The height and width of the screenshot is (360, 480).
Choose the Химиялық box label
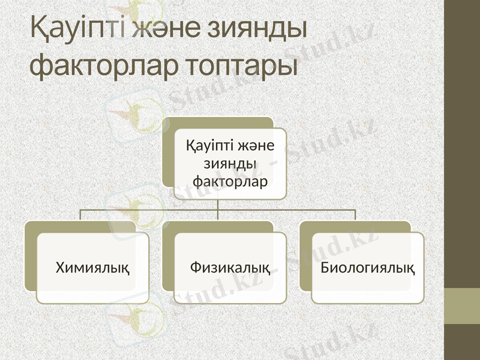pos(93,266)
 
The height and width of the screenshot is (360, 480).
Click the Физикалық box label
pos(230,266)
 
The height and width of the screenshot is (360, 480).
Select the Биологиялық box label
pos(367,266)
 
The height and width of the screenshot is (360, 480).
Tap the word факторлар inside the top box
pos(230,179)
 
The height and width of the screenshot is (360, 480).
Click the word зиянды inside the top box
pos(230,163)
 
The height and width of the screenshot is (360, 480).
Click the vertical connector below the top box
pos(218,205)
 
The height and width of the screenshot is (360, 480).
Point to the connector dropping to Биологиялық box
pos(355,215)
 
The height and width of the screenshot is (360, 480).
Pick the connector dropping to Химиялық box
pos(81,215)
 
